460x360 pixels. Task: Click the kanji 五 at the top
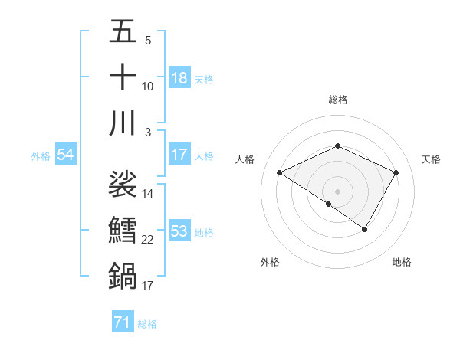[x=123, y=34]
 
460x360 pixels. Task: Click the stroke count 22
[x=148, y=240]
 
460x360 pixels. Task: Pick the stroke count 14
[x=148, y=194]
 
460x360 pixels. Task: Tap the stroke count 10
[x=148, y=86]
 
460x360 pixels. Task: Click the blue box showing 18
[x=179, y=78]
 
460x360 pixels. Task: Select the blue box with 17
[x=179, y=155]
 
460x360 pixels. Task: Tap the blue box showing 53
[x=179, y=231]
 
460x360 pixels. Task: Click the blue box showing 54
[x=65, y=155]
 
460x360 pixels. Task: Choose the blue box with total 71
[x=122, y=322]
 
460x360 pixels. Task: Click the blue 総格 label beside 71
[x=147, y=324]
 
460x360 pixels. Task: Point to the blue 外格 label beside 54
[x=41, y=156]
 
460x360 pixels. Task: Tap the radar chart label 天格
[x=432, y=159]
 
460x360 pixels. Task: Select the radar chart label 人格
[x=245, y=159]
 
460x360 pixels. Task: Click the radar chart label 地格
[x=402, y=262]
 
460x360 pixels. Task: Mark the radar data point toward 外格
[x=329, y=204]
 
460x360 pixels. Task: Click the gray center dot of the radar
[x=337, y=190]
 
